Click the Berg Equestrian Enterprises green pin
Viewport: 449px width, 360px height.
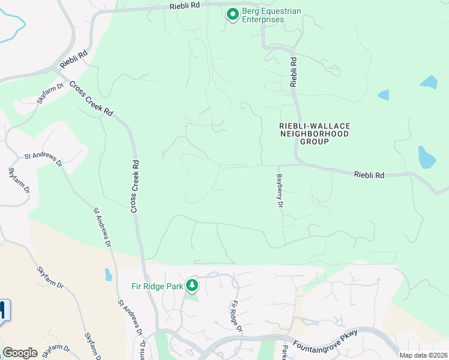coord(232,14)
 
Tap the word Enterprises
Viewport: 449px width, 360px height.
coord(263,19)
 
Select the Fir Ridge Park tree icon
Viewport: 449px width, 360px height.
coord(192,286)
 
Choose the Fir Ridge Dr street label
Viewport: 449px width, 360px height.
coord(237,316)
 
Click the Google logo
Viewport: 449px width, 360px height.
coord(20,353)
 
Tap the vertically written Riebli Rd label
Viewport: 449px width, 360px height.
coord(294,71)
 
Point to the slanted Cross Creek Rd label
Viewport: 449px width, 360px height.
coord(91,98)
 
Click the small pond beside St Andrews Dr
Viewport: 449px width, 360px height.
coord(108,275)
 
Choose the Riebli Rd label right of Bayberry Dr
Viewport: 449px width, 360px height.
coord(369,175)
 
